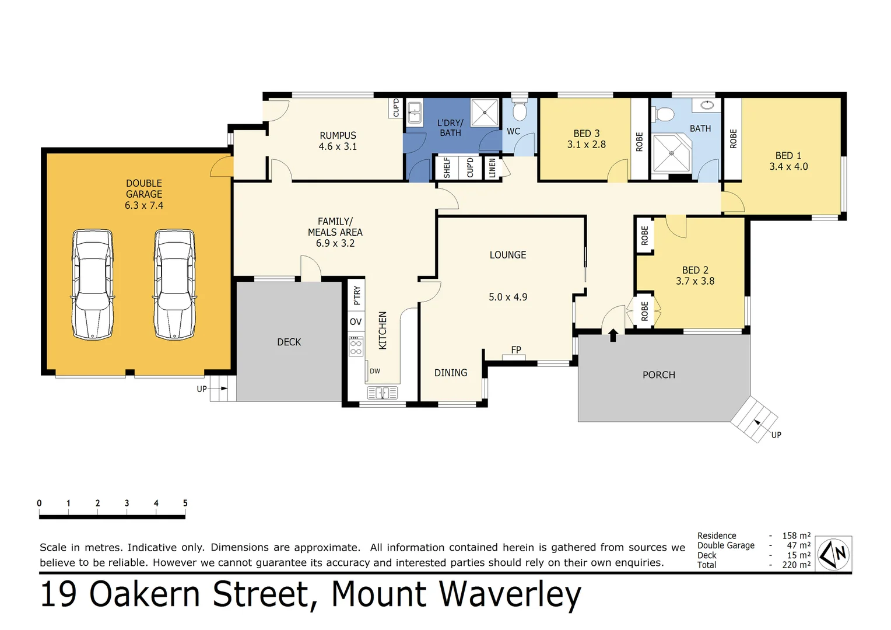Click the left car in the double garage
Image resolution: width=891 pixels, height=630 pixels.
92,284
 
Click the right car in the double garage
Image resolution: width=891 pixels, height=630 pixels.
174,284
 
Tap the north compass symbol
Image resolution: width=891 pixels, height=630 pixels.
834,554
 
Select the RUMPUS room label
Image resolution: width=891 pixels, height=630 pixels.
338,135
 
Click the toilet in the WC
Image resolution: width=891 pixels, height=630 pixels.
519,110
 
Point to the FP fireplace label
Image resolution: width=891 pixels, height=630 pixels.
516,350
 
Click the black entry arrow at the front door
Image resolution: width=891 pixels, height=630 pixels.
613,335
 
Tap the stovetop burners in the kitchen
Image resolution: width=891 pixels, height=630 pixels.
356,347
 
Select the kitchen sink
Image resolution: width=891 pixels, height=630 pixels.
383,393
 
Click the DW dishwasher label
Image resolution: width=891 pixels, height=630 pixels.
375,371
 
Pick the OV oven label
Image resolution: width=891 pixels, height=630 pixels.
356,322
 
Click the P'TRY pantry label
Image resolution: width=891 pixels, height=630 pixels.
357,296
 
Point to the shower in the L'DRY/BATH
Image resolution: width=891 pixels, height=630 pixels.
485,113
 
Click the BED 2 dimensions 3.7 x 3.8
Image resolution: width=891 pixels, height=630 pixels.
695,281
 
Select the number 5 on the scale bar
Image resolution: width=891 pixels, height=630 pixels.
185,503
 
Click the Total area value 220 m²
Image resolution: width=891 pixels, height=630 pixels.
796,565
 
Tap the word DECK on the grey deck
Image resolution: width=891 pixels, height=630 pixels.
289,342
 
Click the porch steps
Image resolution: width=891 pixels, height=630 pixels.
755,419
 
